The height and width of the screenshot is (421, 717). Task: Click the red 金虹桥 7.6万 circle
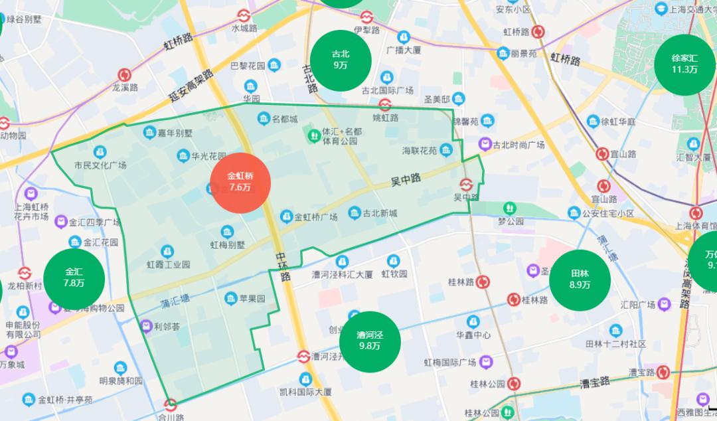pos(240,183)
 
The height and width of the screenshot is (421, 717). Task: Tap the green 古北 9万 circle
pos(341,60)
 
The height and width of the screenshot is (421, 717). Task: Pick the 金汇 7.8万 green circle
pos(74,278)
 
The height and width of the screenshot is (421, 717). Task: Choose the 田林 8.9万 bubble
pos(580,279)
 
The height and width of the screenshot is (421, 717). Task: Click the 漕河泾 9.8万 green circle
pos(370,341)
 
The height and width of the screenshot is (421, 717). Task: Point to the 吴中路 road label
pos(406,179)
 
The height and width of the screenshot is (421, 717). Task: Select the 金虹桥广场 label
pos(315,217)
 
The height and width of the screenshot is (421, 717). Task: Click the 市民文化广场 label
pos(100,165)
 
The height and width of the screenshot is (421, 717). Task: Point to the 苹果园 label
pos(252,298)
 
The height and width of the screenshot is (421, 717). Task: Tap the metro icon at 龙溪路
pos(124,74)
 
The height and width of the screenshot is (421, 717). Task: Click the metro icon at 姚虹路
pos(385,104)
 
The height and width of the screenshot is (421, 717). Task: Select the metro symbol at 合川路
pos(171,404)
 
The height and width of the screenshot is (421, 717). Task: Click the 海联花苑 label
pos(420,150)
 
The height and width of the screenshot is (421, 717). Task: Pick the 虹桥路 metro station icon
pos(538,31)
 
